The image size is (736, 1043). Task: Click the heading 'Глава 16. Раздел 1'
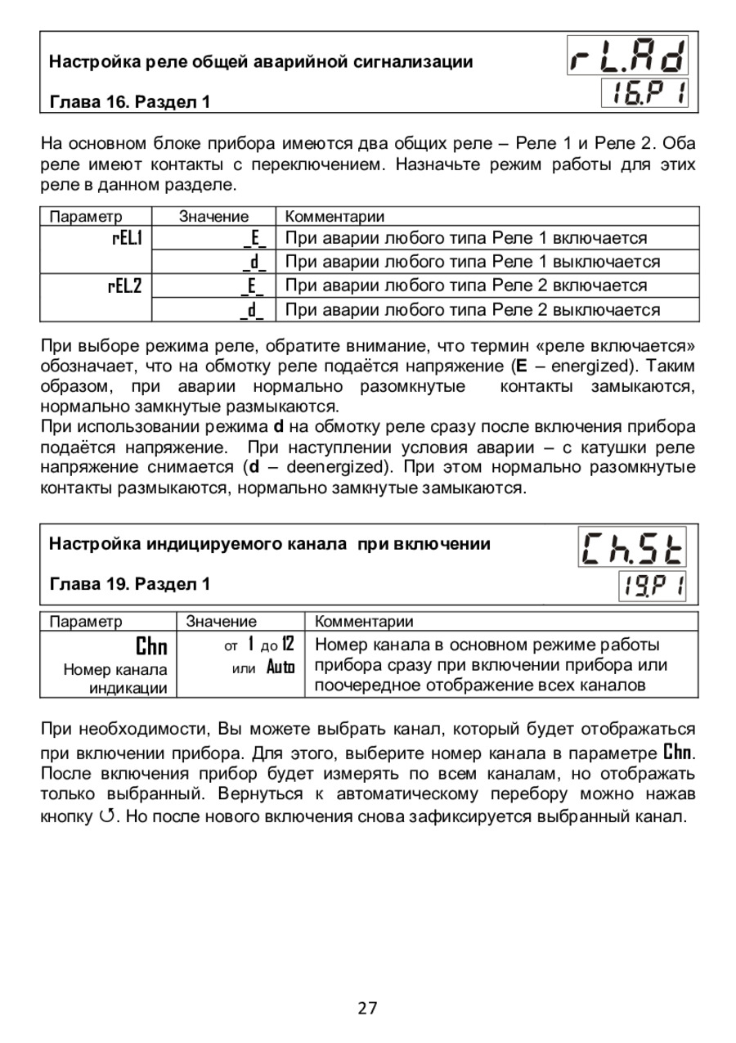pos(130,102)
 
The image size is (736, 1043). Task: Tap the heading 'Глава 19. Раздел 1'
pos(130,584)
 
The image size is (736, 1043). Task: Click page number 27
pos(367,1009)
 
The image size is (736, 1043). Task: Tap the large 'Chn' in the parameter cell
pos(151,647)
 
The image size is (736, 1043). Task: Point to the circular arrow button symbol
pos(102,816)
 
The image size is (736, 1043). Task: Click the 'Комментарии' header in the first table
pos(334,216)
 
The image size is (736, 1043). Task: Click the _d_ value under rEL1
pos(254,262)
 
